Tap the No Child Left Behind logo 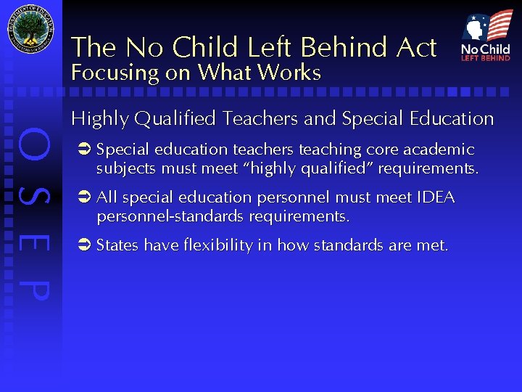[x=486, y=36]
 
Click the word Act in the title [x=417, y=48]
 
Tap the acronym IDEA [x=436, y=197]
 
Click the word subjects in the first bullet [x=124, y=168]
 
